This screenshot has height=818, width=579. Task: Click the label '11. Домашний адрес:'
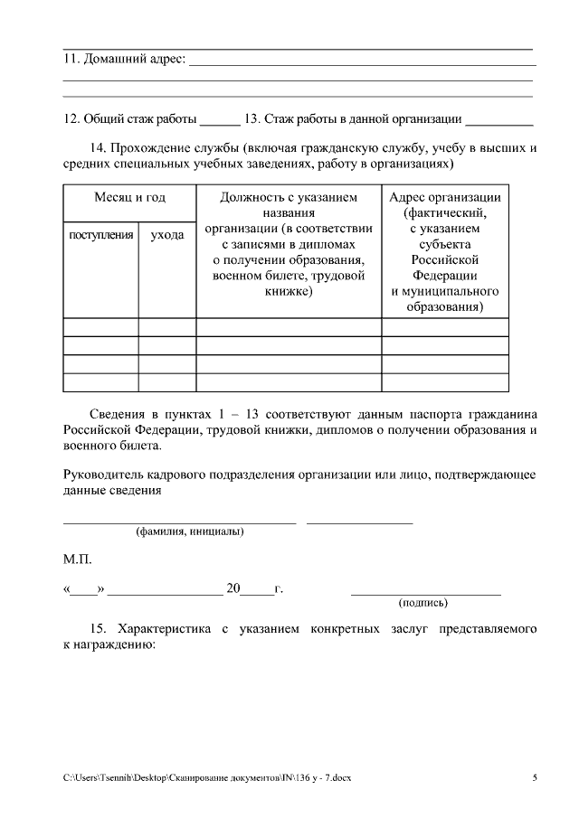(124, 60)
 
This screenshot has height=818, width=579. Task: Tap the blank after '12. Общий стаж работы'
(219, 119)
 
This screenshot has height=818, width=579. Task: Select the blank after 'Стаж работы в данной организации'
(499, 119)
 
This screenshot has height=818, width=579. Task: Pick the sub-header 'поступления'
(101, 235)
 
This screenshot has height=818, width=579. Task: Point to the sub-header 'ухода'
(167, 235)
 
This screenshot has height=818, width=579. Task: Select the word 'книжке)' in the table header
(289, 292)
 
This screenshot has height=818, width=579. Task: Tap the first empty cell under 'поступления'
(100, 327)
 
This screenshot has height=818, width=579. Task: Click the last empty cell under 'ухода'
(167, 382)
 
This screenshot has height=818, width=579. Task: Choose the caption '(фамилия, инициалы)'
(189, 532)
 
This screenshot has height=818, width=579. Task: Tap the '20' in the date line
(233, 589)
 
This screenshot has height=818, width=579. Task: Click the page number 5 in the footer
(534, 777)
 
